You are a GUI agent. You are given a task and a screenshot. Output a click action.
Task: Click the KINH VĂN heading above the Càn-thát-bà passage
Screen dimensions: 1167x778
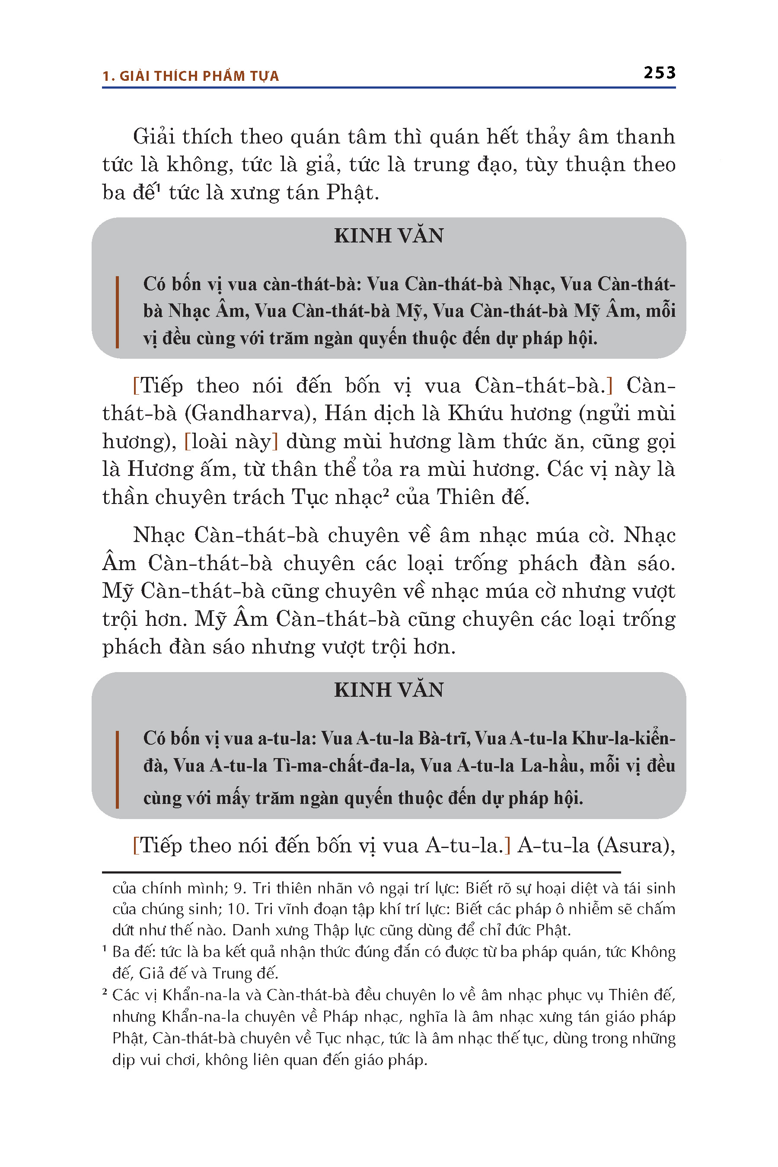(x=389, y=236)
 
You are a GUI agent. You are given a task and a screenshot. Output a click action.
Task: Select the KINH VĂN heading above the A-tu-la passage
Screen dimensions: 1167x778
(x=389, y=690)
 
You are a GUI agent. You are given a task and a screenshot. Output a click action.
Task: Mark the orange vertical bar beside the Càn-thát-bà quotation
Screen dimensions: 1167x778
(x=117, y=312)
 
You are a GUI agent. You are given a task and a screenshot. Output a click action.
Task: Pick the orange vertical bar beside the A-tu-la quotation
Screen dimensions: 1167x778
(x=117, y=769)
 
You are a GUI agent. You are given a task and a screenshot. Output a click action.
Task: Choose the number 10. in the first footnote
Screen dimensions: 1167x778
(x=238, y=909)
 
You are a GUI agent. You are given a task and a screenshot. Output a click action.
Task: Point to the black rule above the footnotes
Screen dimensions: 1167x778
(x=361, y=872)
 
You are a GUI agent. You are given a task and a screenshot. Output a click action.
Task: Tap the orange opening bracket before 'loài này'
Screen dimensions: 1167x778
(x=187, y=441)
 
